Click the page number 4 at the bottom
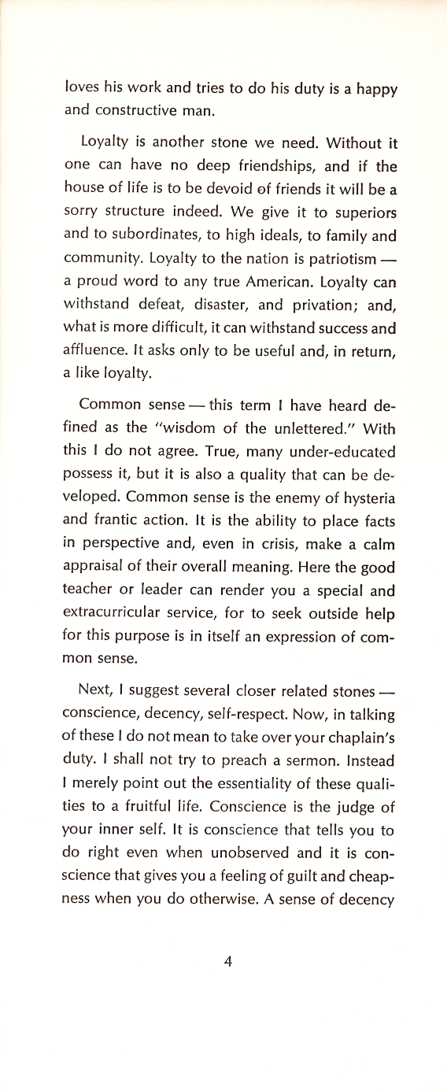click(227, 960)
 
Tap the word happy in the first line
click(375, 90)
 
